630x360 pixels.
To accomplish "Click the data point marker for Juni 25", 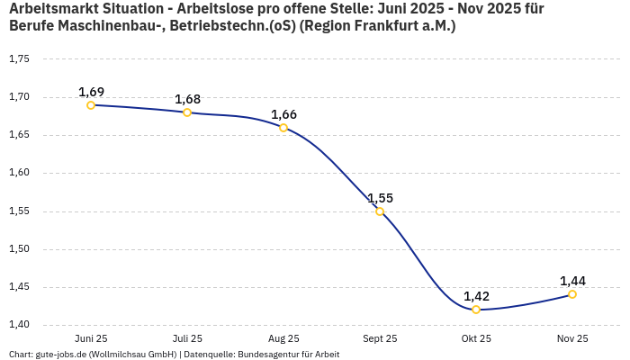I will [x=91, y=105].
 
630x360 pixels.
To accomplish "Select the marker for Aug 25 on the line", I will [x=283, y=128].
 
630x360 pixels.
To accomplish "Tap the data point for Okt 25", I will [x=476, y=310].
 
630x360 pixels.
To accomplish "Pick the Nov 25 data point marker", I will [x=572, y=294].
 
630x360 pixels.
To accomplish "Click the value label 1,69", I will [x=91, y=92].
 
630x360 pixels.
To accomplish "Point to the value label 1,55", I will [x=380, y=198].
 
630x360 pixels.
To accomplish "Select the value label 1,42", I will [x=476, y=296].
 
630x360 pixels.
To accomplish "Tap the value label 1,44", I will [x=572, y=281].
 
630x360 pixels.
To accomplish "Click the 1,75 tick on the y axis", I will [x=19, y=59].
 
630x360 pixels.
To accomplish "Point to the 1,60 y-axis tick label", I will [x=19, y=173].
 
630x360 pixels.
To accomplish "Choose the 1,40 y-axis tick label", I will [x=19, y=325].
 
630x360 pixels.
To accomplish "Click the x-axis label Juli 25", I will [x=187, y=338].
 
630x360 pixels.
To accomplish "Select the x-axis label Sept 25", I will [x=380, y=338].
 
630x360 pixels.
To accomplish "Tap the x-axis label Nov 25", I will [x=572, y=338].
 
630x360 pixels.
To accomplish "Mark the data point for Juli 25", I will [x=187, y=112].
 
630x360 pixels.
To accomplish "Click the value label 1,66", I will [x=283, y=114].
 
